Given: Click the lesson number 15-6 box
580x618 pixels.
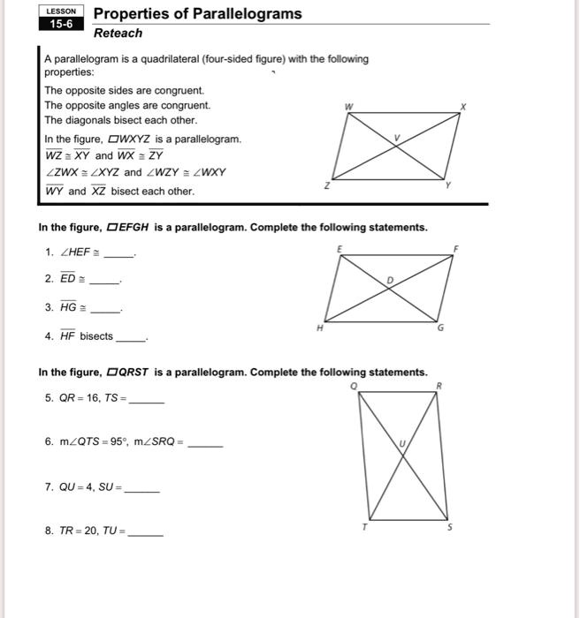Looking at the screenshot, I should (61, 25).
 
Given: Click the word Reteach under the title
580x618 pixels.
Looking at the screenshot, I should (118, 33).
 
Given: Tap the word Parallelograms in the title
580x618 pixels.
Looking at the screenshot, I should (243, 13).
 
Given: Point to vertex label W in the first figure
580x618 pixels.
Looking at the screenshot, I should (349, 108).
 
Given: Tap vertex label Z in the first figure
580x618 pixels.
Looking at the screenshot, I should (326, 185).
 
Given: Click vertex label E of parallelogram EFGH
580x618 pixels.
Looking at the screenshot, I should (339, 249).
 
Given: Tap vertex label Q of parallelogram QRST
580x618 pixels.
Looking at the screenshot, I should (355, 385).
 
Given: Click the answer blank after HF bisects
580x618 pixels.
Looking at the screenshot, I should (131, 339).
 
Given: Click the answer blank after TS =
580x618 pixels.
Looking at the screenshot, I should (147, 401).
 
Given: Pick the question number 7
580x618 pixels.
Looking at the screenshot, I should (48, 486).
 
